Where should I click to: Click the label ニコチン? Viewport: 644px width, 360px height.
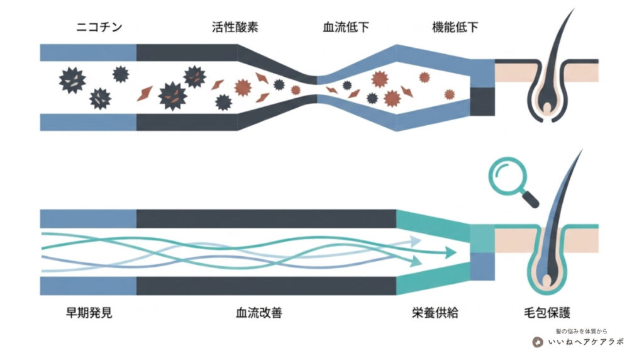(x=99, y=27)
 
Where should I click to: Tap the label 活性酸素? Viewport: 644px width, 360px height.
(x=235, y=27)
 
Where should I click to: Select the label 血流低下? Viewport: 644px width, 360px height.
(x=346, y=27)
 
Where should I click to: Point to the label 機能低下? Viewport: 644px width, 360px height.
(x=455, y=27)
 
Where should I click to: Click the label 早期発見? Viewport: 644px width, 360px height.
(x=89, y=313)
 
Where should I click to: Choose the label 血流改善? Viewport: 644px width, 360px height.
(x=259, y=313)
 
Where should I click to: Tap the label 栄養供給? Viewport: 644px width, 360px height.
(x=435, y=313)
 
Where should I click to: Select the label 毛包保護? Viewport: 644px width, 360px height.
(x=547, y=313)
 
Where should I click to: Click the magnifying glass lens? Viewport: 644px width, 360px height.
(x=508, y=176)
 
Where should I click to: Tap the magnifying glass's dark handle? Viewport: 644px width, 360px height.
(x=530, y=200)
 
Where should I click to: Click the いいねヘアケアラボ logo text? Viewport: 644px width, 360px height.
(x=586, y=342)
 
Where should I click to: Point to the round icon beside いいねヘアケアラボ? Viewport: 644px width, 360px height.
(x=538, y=342)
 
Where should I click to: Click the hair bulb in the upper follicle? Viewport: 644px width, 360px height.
(x=547, y=108)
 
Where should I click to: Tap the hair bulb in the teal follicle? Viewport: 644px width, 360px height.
(x=547, y=281)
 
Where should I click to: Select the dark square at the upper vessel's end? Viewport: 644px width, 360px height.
(x=482, y=102)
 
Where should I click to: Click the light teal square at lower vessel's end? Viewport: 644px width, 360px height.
(x=482, y=239)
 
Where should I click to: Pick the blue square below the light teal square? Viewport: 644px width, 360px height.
(x=482, y=267)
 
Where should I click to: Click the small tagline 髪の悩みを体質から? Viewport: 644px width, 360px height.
(x=582, y=331)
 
